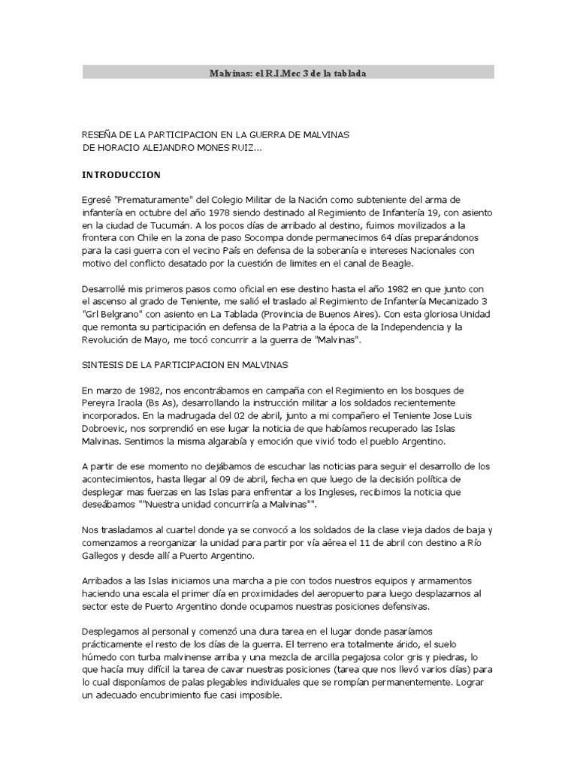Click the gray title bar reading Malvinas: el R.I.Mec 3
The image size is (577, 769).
coord(288,72)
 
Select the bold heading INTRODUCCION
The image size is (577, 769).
coord(121,174)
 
